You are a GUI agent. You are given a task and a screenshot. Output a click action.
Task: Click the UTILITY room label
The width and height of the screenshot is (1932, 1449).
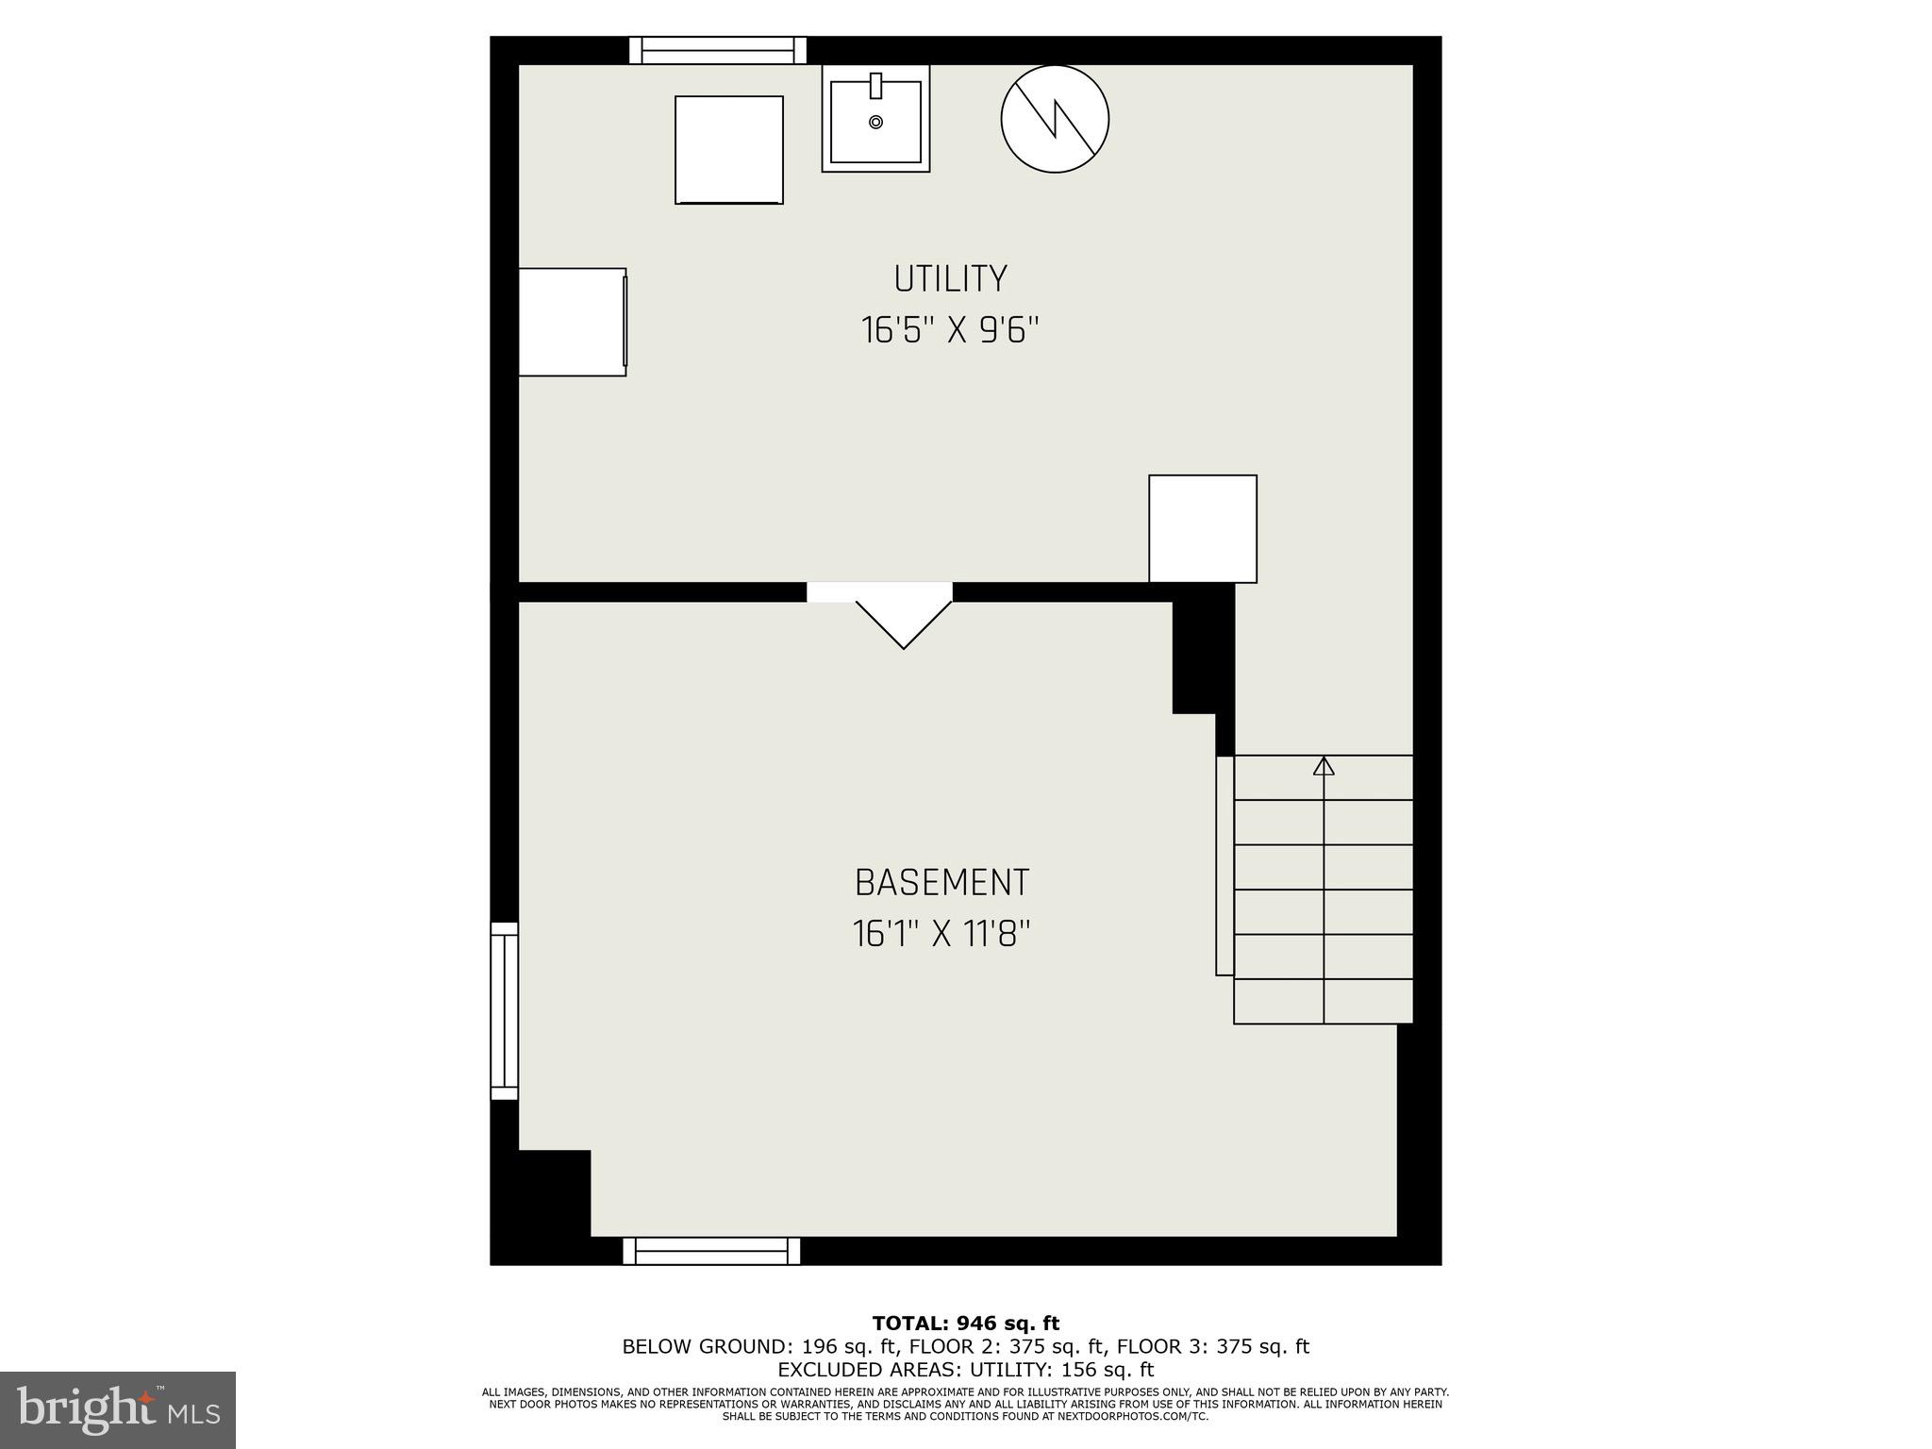click(x=950, y=279)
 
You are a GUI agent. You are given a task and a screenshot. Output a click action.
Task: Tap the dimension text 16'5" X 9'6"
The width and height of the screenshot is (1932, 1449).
click(x=950, y=331)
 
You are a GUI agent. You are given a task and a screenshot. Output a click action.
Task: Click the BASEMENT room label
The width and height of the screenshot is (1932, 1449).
click(x=941, y=883)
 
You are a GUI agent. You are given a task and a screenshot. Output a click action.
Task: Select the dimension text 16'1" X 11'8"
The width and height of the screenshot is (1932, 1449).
click(x=941, y=935)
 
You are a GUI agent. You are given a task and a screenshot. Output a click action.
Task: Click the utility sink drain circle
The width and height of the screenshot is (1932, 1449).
click(x=875, y=123)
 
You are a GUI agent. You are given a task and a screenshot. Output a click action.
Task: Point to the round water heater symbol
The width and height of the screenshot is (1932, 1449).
click(x=1055, y=119)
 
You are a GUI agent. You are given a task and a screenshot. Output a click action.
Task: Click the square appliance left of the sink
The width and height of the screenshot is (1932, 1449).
click(x=728, y=149)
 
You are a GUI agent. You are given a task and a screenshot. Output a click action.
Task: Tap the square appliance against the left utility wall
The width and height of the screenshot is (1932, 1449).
click(x=572, y=322)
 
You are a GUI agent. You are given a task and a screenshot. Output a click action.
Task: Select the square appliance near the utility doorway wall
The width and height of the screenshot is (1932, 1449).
click(x=1202, y=528)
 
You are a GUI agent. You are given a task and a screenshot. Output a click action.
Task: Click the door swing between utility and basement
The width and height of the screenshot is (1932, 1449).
click(x=903, y=619)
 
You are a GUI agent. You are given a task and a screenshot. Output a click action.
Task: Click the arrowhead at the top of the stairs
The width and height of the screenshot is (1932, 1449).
click(x=1324, y=766)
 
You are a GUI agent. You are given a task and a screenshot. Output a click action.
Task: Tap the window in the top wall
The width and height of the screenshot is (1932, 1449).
click(x=718, y=50)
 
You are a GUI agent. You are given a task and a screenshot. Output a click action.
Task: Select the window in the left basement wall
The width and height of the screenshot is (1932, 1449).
click(x=505, y=1010)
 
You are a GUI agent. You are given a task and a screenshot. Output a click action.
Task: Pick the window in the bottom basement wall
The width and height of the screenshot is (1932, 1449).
click(x=711, y=1251)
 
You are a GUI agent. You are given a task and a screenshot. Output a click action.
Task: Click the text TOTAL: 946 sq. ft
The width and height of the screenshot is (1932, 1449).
click(x=965, y=1324)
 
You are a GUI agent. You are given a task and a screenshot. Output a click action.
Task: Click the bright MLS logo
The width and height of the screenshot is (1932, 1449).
click(x=117, y=1409)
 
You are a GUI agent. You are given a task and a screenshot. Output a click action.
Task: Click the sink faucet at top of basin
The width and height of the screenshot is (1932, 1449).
click(x=875, y=85)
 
